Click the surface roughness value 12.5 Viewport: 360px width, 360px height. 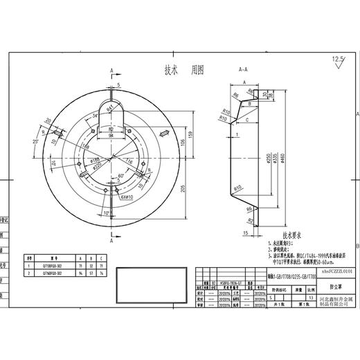click(337, 60)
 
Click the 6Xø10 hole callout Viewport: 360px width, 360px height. click(125, 197)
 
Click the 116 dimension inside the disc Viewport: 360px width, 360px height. click(129, 161)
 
